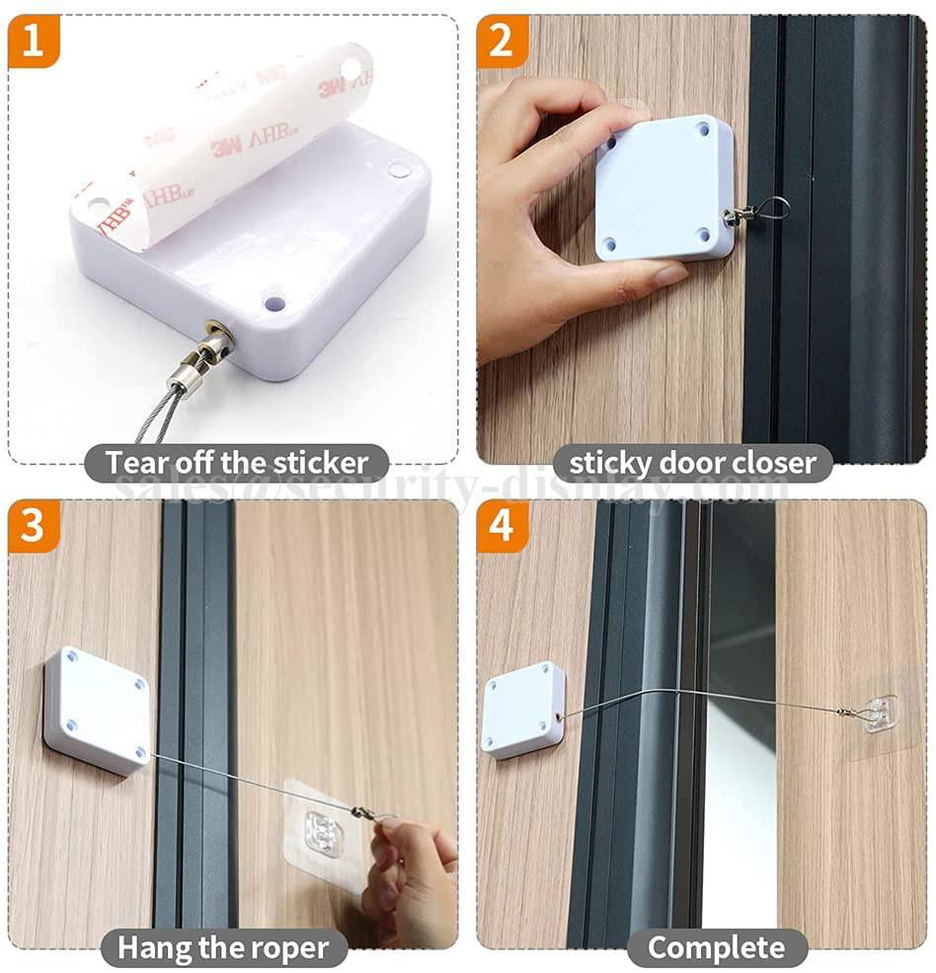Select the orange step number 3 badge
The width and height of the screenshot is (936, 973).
33,526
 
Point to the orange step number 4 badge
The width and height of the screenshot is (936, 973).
502,526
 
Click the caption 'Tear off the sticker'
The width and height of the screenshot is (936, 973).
236,462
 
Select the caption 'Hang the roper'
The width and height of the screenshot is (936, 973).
224,947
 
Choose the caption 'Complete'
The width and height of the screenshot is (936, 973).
717,947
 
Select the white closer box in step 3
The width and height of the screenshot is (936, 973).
97,709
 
